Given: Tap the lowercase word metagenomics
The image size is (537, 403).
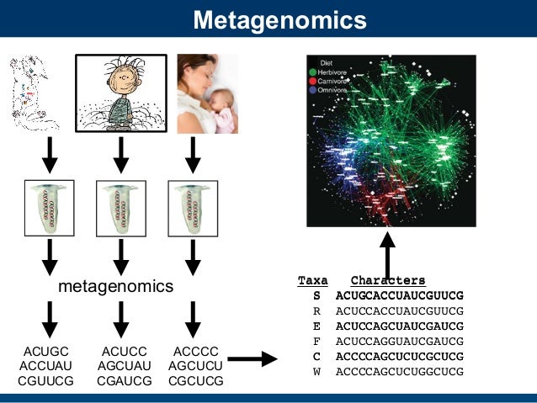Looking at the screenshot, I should tap(115, 287).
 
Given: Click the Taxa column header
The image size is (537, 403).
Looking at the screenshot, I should tap(313, 280).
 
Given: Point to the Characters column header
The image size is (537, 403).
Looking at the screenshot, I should tap(388, 280).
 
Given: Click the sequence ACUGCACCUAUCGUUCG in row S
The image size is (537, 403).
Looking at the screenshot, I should tap(400, 295).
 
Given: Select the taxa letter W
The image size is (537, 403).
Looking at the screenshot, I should tap(316, 371).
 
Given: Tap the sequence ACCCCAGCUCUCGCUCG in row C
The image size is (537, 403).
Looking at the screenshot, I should tap(400, 356).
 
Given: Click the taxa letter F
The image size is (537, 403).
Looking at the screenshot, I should tap(316, 341).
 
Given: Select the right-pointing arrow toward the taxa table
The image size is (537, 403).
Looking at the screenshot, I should tap(253, 359).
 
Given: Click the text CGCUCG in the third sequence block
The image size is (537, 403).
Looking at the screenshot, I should tap(196, 380).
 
